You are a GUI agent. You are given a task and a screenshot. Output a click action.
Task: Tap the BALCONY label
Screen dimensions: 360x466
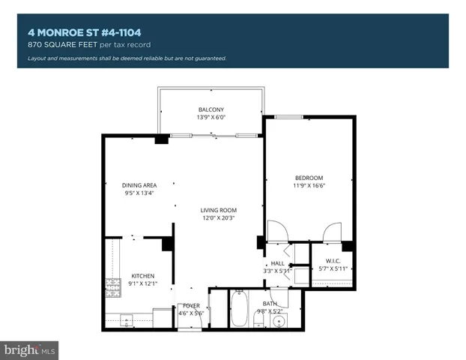click(211, 109)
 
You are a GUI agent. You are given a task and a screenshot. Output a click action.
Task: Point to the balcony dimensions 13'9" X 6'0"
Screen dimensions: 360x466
click(211, 118)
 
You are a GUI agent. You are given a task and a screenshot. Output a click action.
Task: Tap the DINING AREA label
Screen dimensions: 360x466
click(139, 185)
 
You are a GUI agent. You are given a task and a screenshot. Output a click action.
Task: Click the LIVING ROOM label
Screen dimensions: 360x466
click(218, 209)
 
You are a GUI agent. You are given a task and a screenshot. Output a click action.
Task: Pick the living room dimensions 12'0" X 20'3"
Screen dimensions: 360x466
click(218, 218)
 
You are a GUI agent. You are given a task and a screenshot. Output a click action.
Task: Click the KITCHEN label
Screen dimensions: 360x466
click(142, 275)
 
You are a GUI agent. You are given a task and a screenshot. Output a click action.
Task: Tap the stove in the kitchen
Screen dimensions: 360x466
click(113, 286)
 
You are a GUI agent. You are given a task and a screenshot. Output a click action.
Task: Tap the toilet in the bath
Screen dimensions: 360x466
click(258, 320)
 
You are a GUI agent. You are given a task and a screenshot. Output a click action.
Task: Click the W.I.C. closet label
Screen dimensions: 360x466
click(333, 260)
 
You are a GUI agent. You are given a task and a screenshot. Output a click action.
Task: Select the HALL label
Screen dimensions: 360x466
click(277, 262)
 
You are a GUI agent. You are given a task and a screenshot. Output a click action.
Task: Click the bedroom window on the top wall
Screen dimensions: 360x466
click(288, 117)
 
